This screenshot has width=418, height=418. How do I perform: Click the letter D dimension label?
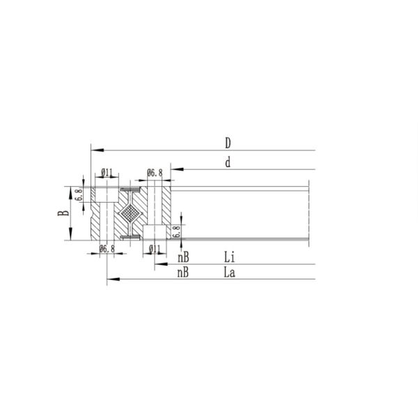pyautogui.click(x=227, y=143)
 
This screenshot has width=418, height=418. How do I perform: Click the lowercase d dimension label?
pyautogui.click(x=227, y=163)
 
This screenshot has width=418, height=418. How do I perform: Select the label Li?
pyautogui.click(x=229, y=257)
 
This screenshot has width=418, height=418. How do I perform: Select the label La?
pyautogui.click(x=229, y=273)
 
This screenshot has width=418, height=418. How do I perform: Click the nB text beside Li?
pyautogui.click(x=183, y=257)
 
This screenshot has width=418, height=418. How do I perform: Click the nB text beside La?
pyautogui.click(x=183, y=273)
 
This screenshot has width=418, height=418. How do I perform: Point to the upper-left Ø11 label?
pyautogui.click(x=107, y=172)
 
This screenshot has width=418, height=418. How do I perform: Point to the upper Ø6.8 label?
pyautogui.click(x=155, y=172)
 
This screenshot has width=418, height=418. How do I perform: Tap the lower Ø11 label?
pyautogui.click(x=155, y=249)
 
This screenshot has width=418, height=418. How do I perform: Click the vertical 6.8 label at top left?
pyautogui.click(x=78, y=194)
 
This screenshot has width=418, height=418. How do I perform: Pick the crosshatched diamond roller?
pyautogui.click(x=130, y=213)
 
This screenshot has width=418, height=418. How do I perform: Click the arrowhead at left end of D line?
pyautogui.click(x=94, y=149)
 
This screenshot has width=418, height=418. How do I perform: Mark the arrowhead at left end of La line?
pyautogui.click(x=109, y=279)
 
